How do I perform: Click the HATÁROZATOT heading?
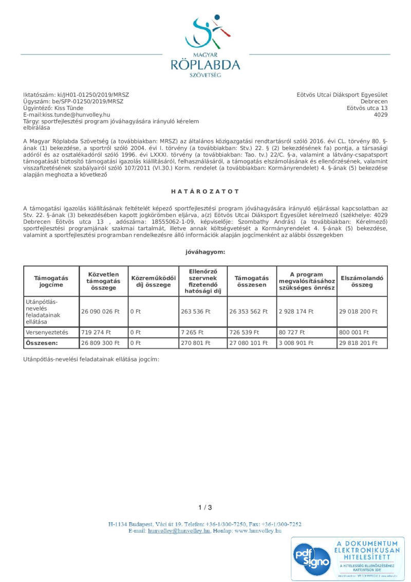[206, 192]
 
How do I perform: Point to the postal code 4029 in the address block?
[381, 115]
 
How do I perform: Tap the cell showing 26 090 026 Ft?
[100, 312]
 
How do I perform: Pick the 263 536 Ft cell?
[196, 312]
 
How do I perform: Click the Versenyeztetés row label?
[50, 332]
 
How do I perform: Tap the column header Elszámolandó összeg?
[362, 281]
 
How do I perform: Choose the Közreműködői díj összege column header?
[153, 281]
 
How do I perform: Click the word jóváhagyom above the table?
[205, 252]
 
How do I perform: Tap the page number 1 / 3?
[205, 507]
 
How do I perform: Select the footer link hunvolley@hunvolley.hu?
[179, 530]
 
